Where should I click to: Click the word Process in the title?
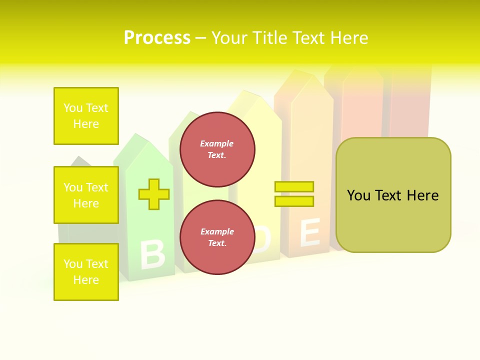[157, 38]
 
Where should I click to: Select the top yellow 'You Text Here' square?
[86, 116]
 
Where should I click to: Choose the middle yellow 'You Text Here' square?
[86, 195]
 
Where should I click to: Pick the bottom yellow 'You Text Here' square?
[86, 272]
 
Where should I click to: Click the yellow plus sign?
[154, 194]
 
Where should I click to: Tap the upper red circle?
[217, 149]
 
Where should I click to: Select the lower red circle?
[217, 237]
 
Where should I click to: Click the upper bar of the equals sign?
[294, 186]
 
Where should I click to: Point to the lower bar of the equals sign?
[294, 201]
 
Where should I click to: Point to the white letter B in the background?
[152, 254]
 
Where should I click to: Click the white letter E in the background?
[309, 232]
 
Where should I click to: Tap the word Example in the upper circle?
[216, 143]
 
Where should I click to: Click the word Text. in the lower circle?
[216, 243]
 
